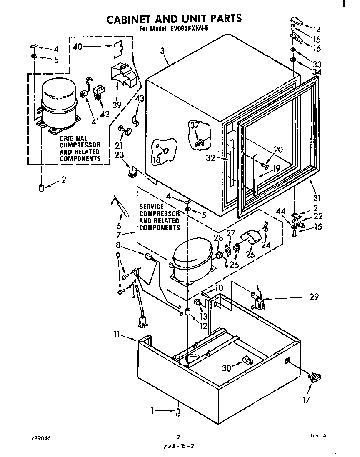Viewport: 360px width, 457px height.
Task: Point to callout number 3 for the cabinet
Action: (x=162, y=51)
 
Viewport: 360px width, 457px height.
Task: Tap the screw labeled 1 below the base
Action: (x=179, y=412)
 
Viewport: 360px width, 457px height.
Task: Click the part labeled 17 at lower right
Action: (x=315, y=377)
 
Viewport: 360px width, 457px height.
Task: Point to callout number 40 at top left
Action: (x=77, y=47)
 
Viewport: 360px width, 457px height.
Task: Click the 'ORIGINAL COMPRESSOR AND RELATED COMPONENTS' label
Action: (x=80, y=148)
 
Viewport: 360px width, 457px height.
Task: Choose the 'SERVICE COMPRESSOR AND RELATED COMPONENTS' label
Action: (x=159, y=217)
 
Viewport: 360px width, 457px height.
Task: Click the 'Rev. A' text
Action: (x=317, y=436)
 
